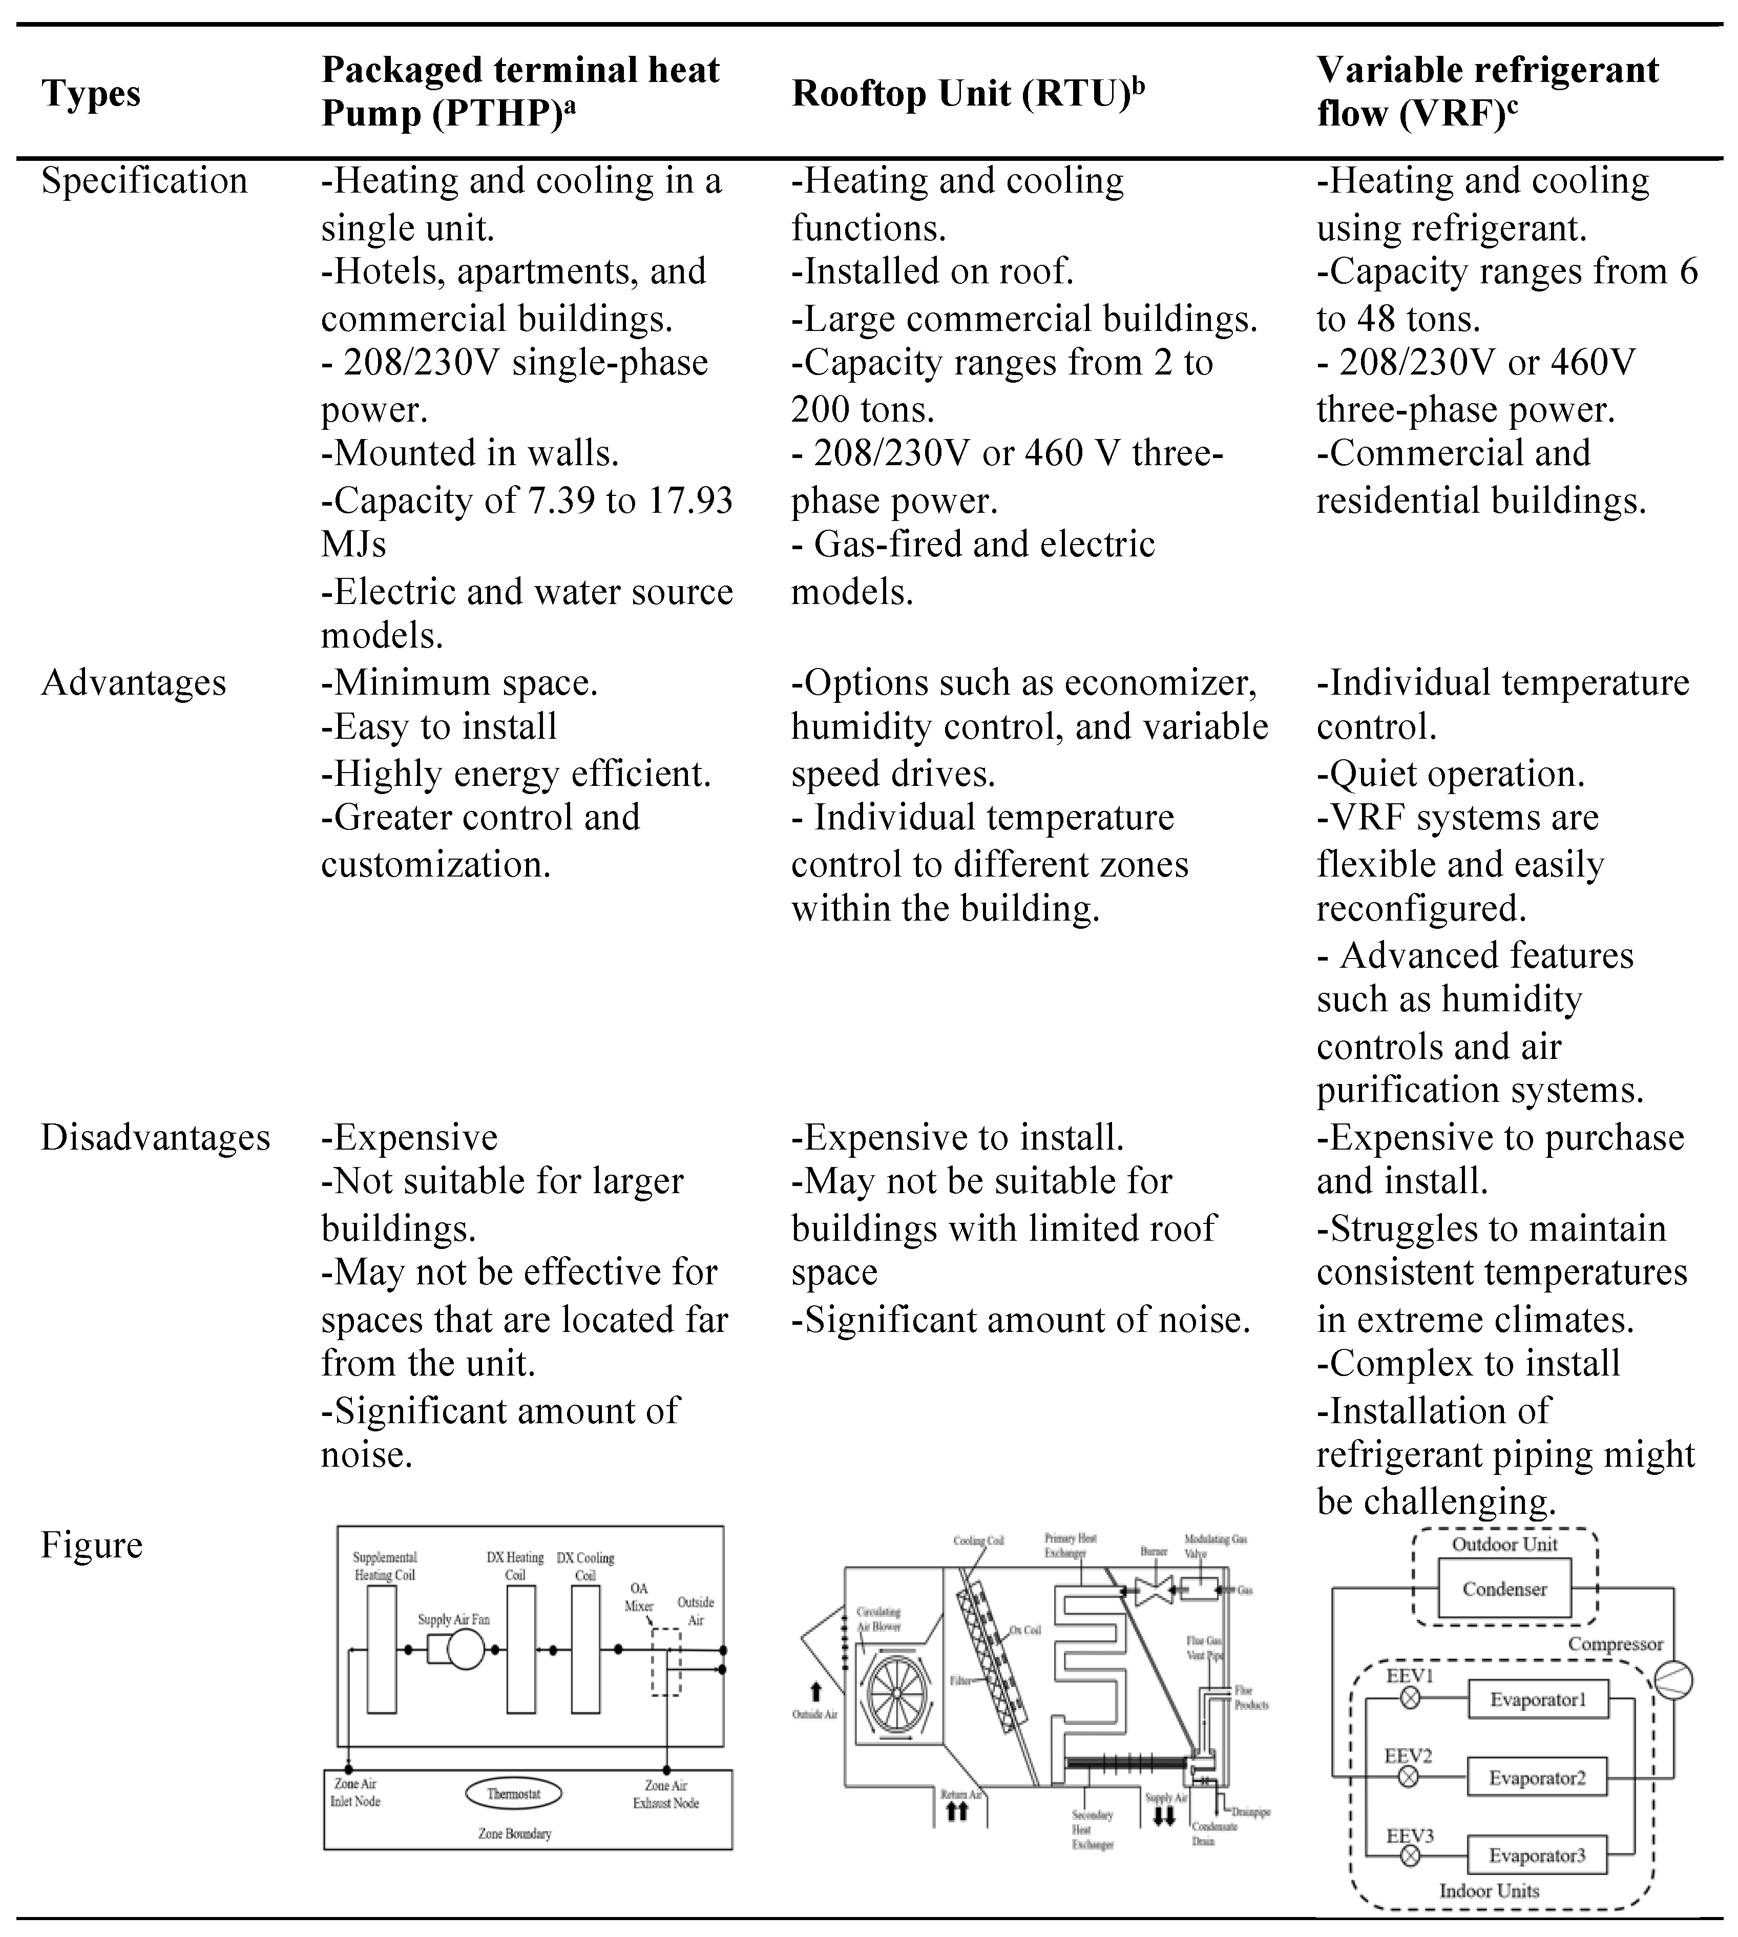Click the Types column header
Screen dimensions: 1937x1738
[x=91, y=94]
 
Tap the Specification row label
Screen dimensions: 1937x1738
[x=144, y=180]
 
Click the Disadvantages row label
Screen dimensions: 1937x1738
[x=156, y=1137]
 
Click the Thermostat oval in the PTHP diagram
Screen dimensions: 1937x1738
[x=514, y=1794]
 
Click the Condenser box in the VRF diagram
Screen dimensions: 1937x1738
[x=1504, y=1588]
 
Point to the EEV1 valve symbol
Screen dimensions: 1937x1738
[x=1410, y=1699]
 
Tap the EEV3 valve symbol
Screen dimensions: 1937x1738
[x=1410, y=1857]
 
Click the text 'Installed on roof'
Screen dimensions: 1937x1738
[x=933, y=271]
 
